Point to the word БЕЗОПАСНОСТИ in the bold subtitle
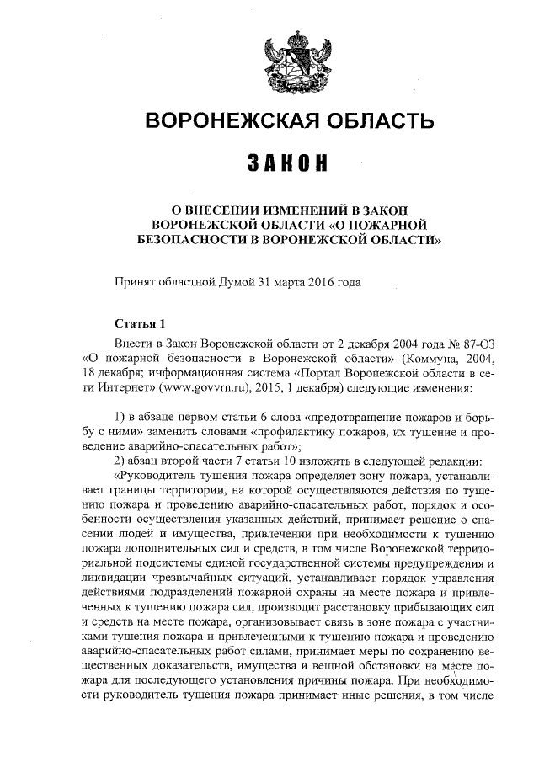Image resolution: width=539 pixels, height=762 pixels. click(x=186, y=239)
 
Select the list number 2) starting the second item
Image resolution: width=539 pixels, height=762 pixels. click(x=119, y=464)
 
